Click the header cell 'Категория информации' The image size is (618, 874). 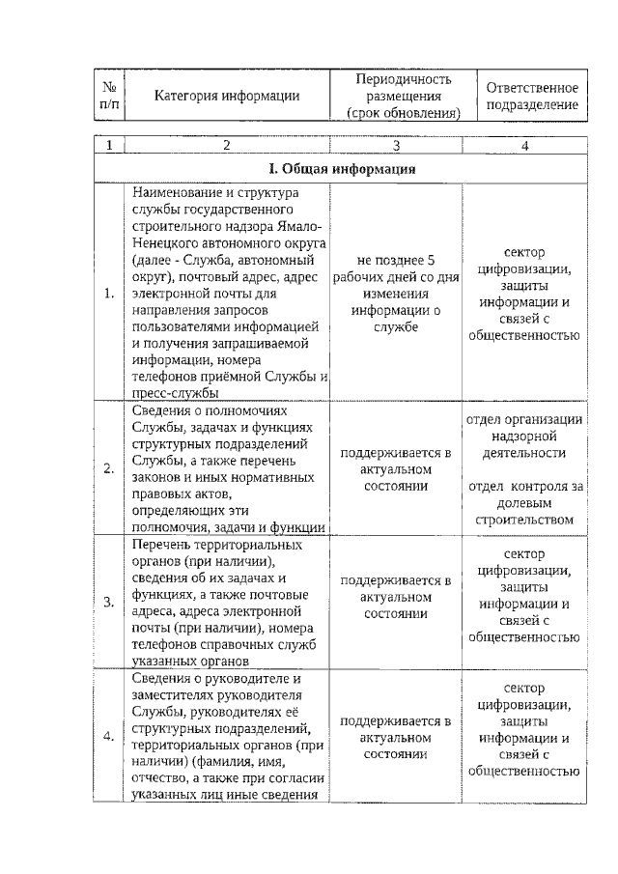click(227, 96)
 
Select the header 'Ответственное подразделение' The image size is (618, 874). click(524, 96)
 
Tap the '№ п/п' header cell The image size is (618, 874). click(109, 96)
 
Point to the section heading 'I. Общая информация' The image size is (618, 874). click(342, 170)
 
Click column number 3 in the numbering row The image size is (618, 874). click(396, 146)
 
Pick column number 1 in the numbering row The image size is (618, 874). click(109, 146)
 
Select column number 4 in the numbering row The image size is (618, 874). click(524, 146)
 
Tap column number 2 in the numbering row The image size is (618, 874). click(227, 146)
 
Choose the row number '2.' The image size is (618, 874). click(109, 468)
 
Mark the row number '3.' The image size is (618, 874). click(109, 602)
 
